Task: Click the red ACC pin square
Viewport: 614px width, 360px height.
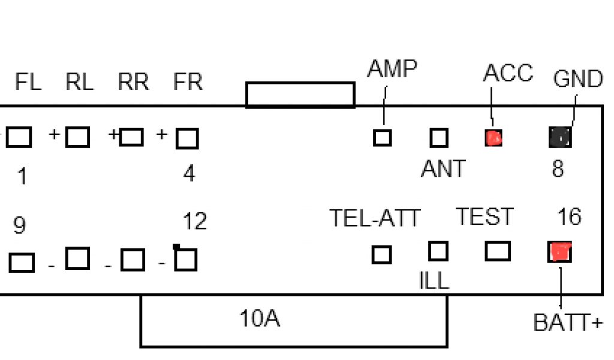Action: pyautogui.click(x=493, y=138)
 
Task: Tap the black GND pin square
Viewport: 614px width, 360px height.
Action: pyautogui.click(x=560, y=138)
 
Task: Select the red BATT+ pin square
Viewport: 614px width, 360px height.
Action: pyautogui.click(x=560, y=251)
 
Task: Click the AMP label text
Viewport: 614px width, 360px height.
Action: pyautogui.click(x=392, y=70)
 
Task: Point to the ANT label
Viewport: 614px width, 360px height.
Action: pyautogui.click(x=443, y=170)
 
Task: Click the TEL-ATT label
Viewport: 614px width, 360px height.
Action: pyautogui.click(x=375, y=218)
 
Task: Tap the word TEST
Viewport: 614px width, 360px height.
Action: pyautogui.click(x=485, y=217)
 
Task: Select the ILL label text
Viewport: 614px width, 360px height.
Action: pyautogui.click(x=433, y=281)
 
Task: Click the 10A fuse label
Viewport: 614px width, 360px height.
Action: pyautogui.click(x=259, y=319)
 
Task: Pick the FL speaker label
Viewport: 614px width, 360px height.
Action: pyautogui.click(x=28, y=82)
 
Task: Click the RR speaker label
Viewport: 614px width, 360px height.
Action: pyautogui.click(x=133, y=82)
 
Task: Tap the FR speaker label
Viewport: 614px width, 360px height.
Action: pyautogui.click(x=188, y=82)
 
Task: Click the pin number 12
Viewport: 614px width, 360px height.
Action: pyautogui.click(x=194, y=222)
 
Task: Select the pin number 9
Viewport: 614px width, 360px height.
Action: pyautogui.click(x=20, y=226)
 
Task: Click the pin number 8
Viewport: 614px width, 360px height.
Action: pyautogui.click(x=558, y=169)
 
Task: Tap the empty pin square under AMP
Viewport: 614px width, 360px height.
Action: pyautogui.click(x=382, y=138)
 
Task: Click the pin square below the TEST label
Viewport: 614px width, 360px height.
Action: pyautogui.click(x=497, y=251)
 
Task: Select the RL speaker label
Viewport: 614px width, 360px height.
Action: pyautogui.click(x=80, y=82)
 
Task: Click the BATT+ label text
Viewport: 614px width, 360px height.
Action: pyautogui.click(x=567, y=323)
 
